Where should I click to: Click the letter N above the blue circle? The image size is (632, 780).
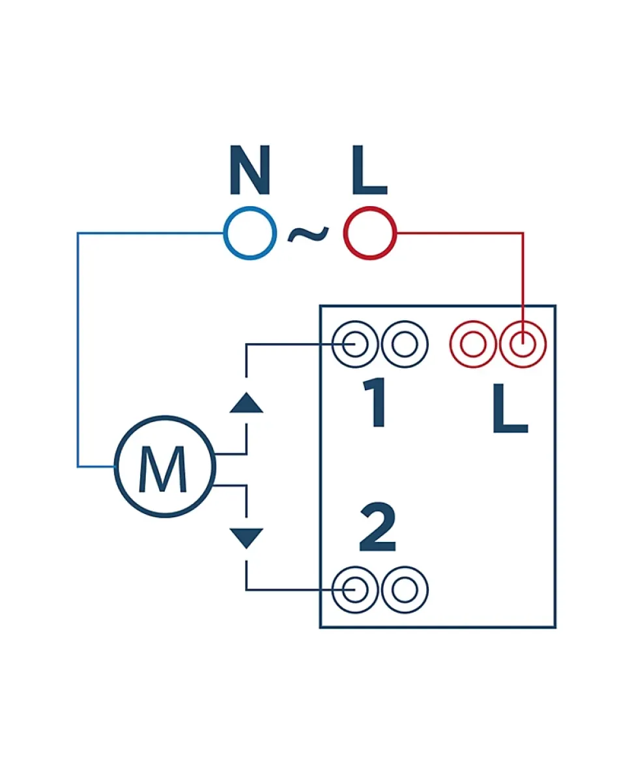point(250,170)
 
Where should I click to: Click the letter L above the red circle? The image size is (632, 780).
point(369,170)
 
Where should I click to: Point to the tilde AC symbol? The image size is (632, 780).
point(309,233)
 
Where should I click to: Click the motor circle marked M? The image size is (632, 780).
point(118,466)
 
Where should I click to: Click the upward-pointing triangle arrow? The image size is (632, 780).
point(246,403)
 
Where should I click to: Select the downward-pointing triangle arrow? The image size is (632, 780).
point(246,538)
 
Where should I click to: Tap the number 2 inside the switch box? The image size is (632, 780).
point(378,528)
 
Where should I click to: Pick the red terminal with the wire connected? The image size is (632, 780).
point(523,322)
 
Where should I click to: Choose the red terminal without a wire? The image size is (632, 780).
point(473,322)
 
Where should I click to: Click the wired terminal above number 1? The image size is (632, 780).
point(355,322)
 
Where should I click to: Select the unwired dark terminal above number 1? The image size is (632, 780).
point(405,322)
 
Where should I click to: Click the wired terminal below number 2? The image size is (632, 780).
point(355,568)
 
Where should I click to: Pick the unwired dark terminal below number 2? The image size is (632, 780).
point(405,568)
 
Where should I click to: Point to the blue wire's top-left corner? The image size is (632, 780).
point(78,233)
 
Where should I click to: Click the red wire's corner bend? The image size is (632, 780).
point(523,233)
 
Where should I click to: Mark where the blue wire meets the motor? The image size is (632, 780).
point(115,466)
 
